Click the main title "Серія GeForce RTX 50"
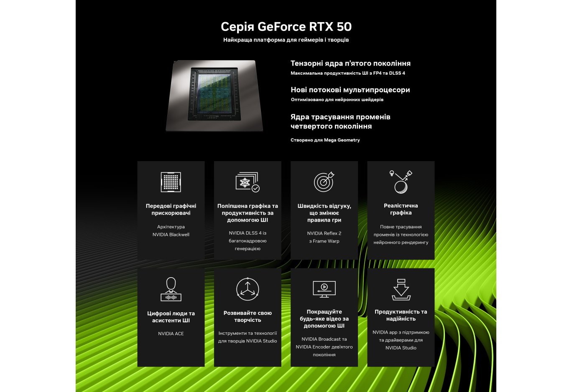[x=286, y=27]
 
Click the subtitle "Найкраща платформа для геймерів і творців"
[x=286, y=40]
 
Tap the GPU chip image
[x=214, y=96]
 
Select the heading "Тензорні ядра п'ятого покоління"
[x=350, y=63]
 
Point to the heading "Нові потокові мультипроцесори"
[x=350, y=90]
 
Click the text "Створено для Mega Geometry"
[x=325, y=140]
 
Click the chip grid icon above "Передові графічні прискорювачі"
[x=171, y=182]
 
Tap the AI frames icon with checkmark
[x=248, y=182]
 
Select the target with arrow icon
[x=324, y=182]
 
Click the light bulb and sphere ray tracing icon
[x=401, y=182]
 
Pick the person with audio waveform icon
[x=171, y=289]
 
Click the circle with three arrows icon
[x=248, y=289]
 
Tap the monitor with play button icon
[x=324, y=289]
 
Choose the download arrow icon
[x=401, y=289]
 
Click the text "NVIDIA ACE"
[x=171, y=334]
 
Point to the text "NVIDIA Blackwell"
[x=171, y=235]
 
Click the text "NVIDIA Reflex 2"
[x=324, y=233]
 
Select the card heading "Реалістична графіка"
[x=401, y=209]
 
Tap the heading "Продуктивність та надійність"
[x=401, y=315]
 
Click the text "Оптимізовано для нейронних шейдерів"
[x=337, y=100]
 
